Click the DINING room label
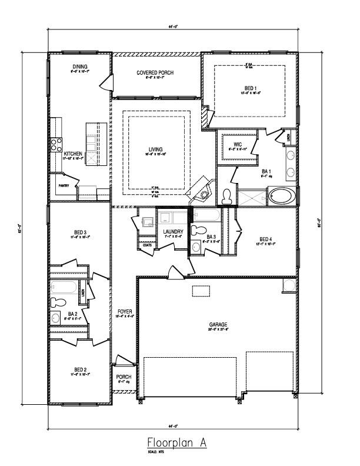point(80,67)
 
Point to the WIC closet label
point(238,144)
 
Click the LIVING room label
point(155,149)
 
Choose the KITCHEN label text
point(73,154)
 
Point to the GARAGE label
point(218,324)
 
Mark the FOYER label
point(124,311)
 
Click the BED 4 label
point(266,239)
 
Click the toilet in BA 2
point(58,303)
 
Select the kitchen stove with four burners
point(56,144)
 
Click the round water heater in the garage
point(288,285)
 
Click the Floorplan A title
point(176,441)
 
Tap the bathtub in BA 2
point(64,288)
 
